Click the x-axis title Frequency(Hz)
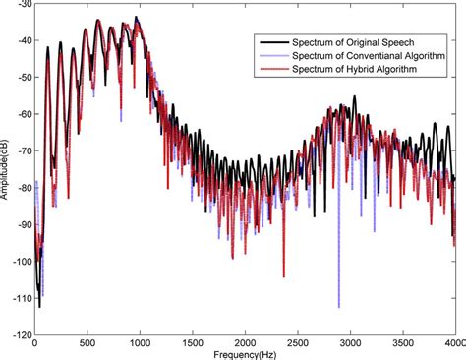click(x=245, y=351)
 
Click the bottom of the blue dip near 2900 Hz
click(x=339, y=306)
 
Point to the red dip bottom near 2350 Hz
click(x=283, y=276)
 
